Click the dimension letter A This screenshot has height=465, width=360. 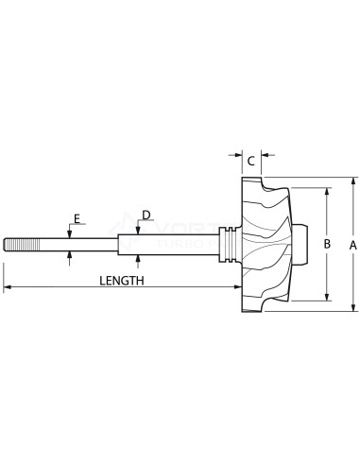click(x=352, y=244)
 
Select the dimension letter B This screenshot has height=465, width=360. click(x=327, y=244)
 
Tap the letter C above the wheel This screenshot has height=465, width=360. click(x=251, y=162)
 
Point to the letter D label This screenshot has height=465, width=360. click(x=146, y=215)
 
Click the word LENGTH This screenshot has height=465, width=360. click(x=121, y=281)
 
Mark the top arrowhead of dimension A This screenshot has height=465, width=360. click(x=352, y=181)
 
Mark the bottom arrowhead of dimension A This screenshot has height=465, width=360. click(x=352, y=306)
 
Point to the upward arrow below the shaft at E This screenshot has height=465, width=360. click(x=70, y=255)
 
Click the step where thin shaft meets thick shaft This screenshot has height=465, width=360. click(x=117, y=244)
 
